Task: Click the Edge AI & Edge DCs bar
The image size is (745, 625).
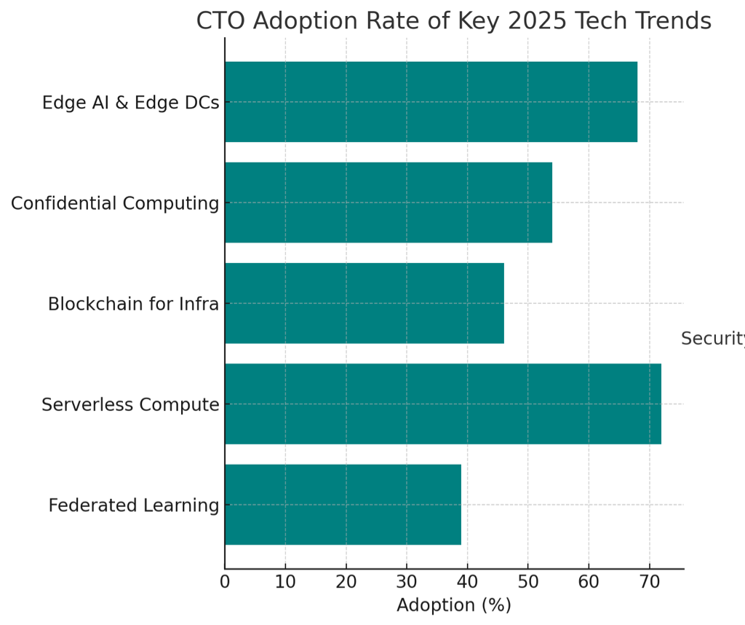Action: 431,102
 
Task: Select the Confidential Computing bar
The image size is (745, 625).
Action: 388,203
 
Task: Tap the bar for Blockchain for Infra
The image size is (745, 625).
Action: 364,303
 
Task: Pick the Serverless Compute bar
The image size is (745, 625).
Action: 442,404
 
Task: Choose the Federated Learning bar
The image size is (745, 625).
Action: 343,504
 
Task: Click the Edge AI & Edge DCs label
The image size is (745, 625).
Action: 130,103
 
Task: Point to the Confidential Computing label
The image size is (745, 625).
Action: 115,203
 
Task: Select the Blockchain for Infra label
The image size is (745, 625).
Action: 133,304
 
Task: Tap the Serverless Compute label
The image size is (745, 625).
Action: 130,404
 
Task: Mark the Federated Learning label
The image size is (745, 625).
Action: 134,505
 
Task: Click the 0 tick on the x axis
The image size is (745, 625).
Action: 225,581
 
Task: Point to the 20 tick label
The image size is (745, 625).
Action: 346,581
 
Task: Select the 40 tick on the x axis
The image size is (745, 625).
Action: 467,581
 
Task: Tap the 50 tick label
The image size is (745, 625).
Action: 528,581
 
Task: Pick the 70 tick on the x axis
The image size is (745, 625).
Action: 649,581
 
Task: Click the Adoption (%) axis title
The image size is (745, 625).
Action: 453,605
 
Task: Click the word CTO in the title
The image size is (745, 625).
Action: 222,21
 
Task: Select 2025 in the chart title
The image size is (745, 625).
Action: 535,21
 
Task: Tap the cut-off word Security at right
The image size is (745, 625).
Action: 712,339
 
